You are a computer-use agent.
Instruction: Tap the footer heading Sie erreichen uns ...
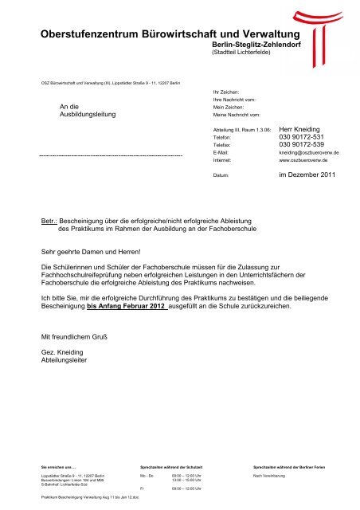click(59, 465)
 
